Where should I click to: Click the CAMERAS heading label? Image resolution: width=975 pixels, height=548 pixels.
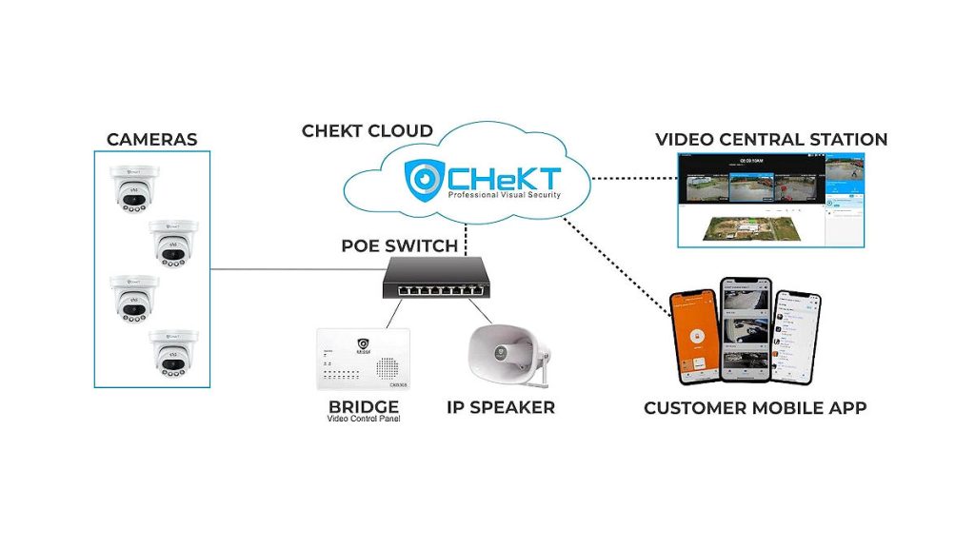pos(151,140)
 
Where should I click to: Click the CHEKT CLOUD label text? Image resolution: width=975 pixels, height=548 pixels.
pos(368,131)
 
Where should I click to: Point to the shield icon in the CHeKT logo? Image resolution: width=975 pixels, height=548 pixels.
pos(423,178)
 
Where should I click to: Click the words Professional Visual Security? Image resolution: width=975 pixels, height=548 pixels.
pos(504,195)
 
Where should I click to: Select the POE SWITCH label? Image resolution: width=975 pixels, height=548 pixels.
pos(399,246)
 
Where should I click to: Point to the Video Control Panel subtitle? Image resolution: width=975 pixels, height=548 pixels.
pos(363,419)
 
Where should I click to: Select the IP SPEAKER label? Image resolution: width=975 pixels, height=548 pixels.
pos(500,408)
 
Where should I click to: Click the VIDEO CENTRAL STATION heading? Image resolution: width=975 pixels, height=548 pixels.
pos(771,140)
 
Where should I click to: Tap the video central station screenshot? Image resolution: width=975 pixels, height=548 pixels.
pos(770,200)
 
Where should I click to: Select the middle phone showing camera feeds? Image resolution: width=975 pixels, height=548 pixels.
pos(745,328)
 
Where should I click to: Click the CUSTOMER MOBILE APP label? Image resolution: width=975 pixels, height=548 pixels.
pos(755,409)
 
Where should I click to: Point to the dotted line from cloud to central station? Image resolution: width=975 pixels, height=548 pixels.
pos(632,178)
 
